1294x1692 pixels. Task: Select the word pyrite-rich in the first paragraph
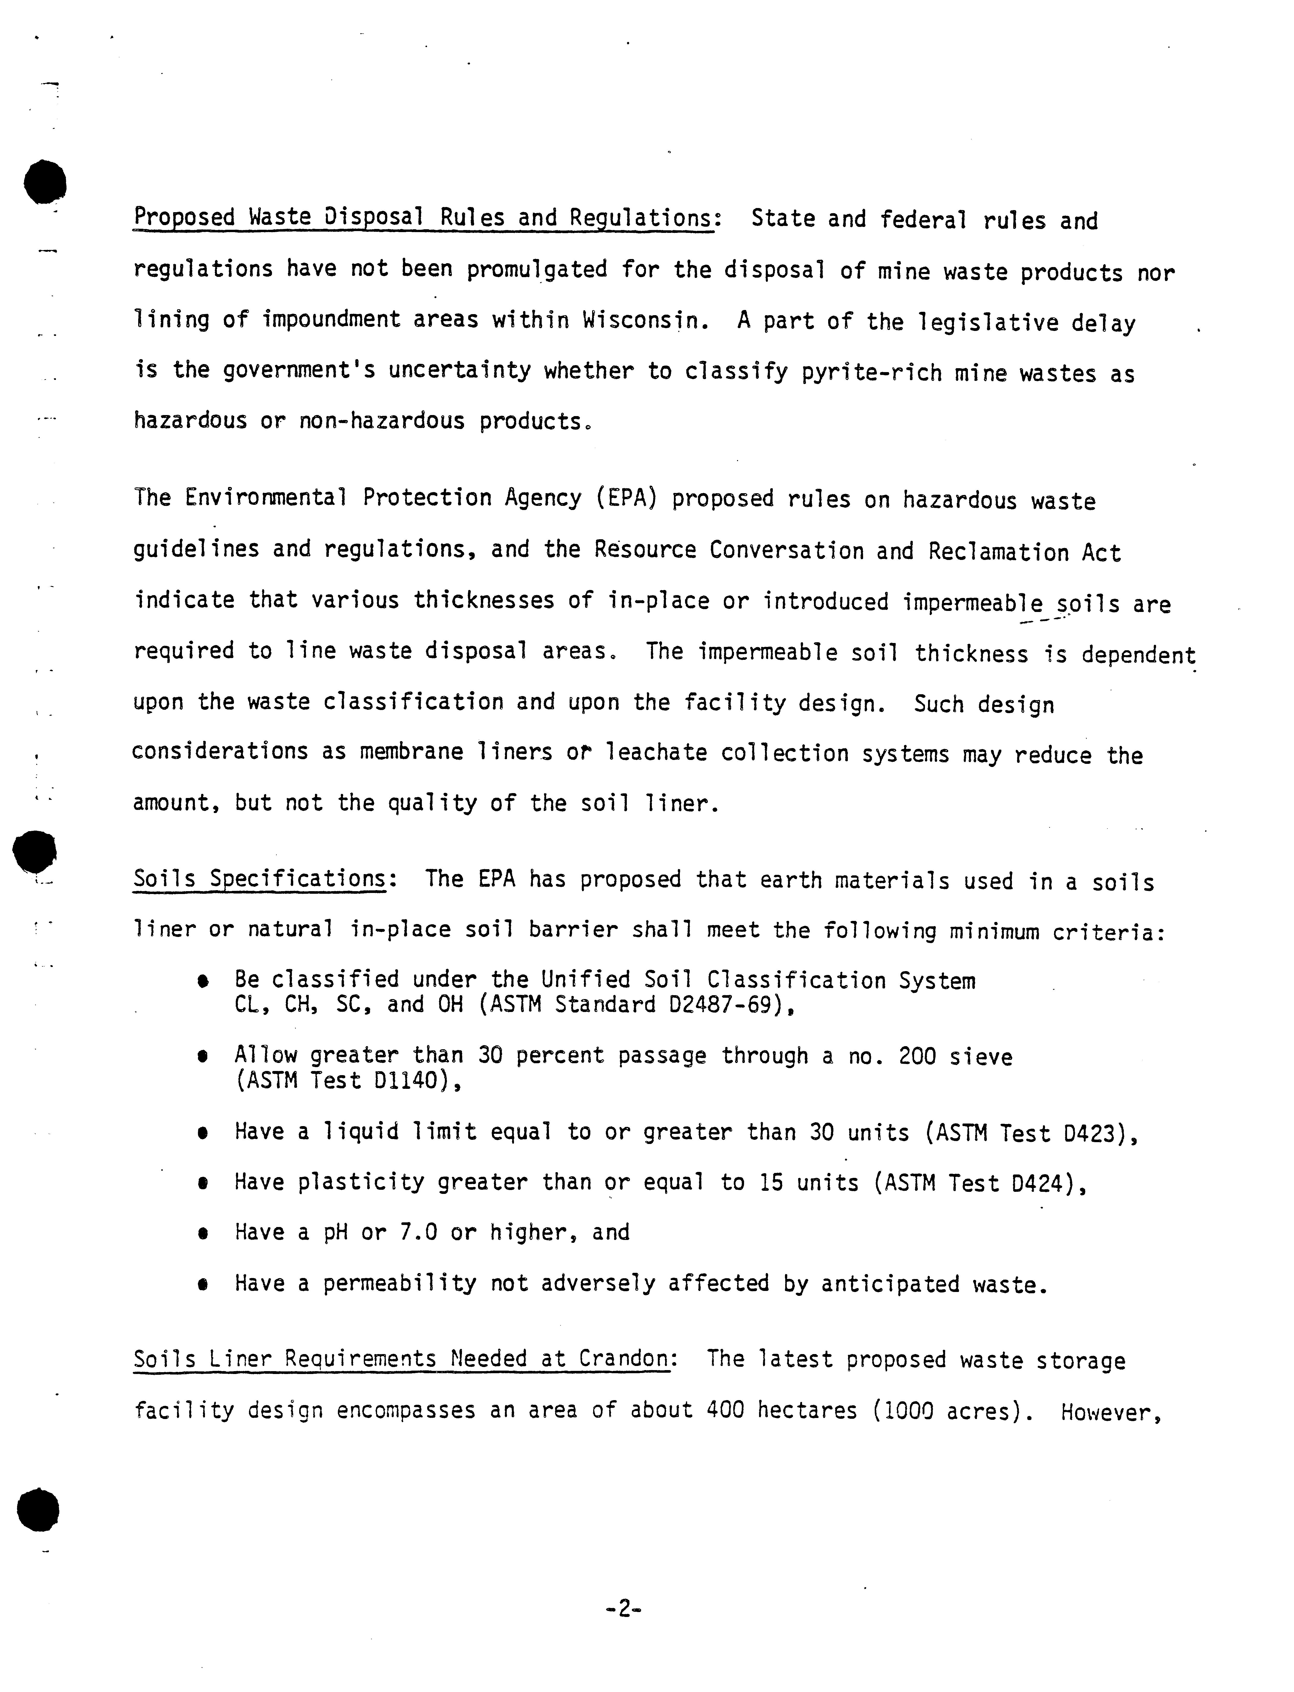pos(871,373)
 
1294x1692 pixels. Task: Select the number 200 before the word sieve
pos(917,1056)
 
